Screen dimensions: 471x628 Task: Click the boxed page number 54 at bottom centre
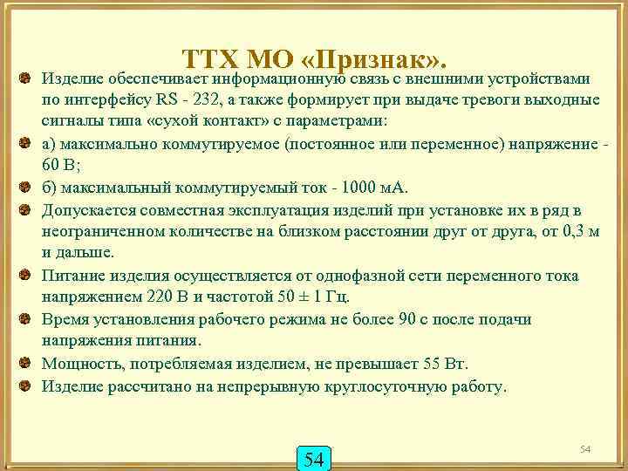[314, 457]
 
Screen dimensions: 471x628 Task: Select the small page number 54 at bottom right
[586, 448]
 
